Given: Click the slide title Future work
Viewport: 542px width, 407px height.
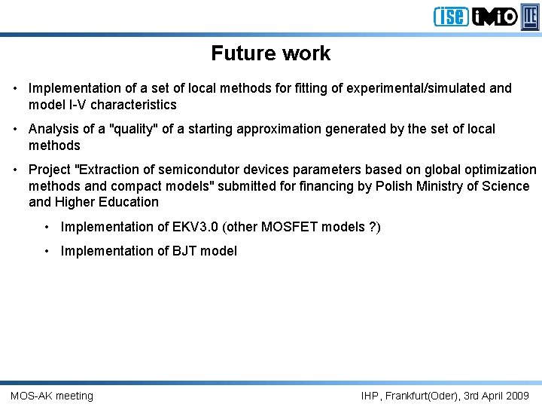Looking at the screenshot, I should click(x=270, y=54).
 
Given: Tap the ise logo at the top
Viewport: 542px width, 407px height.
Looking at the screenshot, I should click(x=450, y=16).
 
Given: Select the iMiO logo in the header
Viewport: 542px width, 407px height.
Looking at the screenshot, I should click(x=495, y=16).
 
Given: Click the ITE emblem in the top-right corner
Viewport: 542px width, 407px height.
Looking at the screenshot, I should click(x=530, y=16).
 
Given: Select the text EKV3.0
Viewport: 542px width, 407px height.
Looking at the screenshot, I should click(x=194, y=227).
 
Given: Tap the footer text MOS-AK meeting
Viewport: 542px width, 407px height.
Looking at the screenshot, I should click(x=52, y=396).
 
